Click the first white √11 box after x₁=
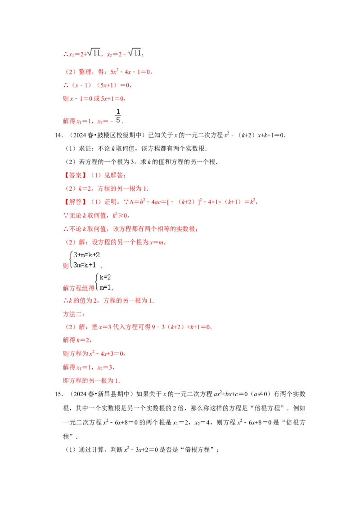click(x=95, y=53)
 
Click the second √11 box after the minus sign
click(x=135, y=53)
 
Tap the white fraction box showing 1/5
click(x=117, y=116)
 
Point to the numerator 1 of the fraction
click(x=118, y=111)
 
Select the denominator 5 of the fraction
click(x=118, y=120)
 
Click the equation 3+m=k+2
click(x=87, y=255)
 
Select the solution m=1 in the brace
click(x=105, y=286)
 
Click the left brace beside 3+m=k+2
click(x=71, y=259)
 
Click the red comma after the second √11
click(x=143, y=55)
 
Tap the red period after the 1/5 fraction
click(x=123, y=123)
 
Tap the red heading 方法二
click(x=71, y=314)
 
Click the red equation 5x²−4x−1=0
click(x=130, y=72)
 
